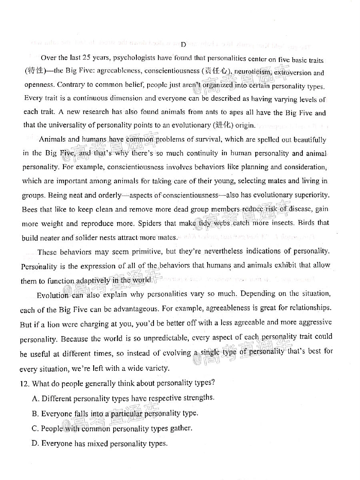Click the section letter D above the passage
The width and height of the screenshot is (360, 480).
[183, 44]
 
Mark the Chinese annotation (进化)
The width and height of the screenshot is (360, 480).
[223, 125]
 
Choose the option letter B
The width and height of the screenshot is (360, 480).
[34, 414]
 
